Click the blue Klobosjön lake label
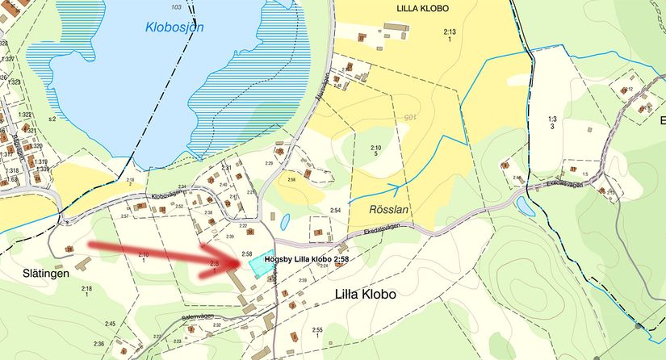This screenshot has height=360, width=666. point(174,27)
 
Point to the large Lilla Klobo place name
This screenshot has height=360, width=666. point(365,295)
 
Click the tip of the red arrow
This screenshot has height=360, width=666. point(244,261)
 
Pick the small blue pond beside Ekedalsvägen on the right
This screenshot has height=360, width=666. point(526,207)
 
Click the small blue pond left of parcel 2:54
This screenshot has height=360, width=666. point(285,220)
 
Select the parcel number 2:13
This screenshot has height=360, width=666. point(450,31)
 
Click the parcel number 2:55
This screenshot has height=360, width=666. point(317,330)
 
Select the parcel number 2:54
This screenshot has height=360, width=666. point(334,210)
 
